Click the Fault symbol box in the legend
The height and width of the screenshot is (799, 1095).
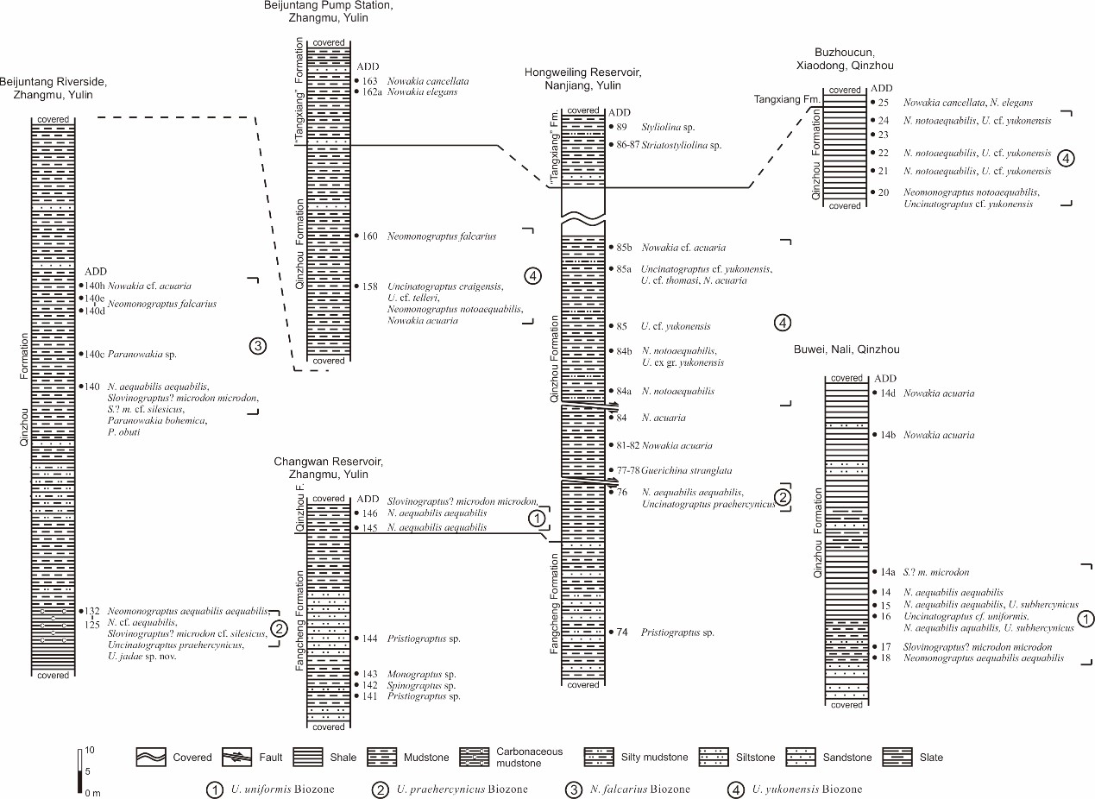(237, 757)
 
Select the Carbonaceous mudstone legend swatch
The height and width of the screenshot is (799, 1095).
(475, 757)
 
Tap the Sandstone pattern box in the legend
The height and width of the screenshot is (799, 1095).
(801, 757)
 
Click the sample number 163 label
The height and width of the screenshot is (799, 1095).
(369, 81)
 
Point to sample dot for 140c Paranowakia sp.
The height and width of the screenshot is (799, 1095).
(81, 354)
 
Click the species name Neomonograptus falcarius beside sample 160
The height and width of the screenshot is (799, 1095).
(442, 236)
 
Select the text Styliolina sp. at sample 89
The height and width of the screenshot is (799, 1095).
(668, 127)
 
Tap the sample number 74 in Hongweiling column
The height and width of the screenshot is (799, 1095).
(622, 632)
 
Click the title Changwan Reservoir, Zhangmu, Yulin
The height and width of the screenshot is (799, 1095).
(328, 468)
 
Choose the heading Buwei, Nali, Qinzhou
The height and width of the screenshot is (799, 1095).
(846, 349)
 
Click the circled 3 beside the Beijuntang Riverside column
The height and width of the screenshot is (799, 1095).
(258, 346)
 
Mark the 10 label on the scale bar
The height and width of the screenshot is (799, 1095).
(90, 750)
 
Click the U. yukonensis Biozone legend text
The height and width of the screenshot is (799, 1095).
(807, 790)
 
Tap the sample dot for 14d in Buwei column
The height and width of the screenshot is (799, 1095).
(875, 393)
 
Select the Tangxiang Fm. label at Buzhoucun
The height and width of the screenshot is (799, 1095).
(787, 100)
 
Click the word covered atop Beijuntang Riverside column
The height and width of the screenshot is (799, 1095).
(53, 119)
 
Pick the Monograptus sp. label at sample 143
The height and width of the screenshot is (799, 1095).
(421, 675)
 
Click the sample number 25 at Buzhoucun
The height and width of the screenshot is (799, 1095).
(884, 103)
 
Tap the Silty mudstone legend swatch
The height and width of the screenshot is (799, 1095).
(599, 757)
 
